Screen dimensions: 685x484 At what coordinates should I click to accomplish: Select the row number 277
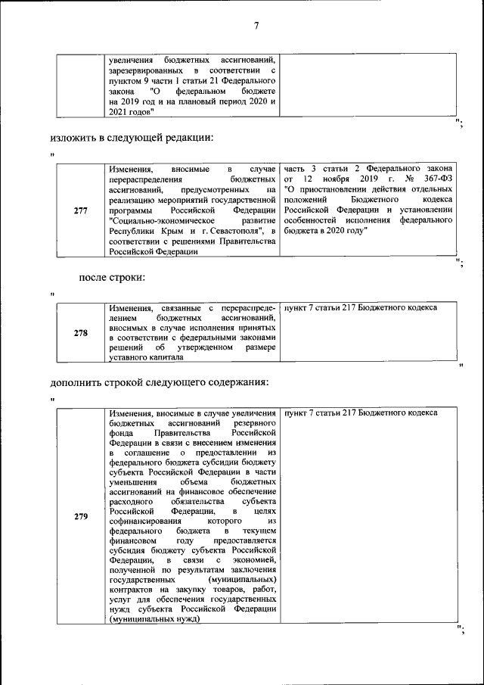pyautogui.click(x=81, y=210)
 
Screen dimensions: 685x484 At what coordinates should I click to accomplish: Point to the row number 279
pyautogui.click(x=81, y=517)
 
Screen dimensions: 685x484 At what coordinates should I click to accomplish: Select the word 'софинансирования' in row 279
pyautogui.click(x=146, y=522)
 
